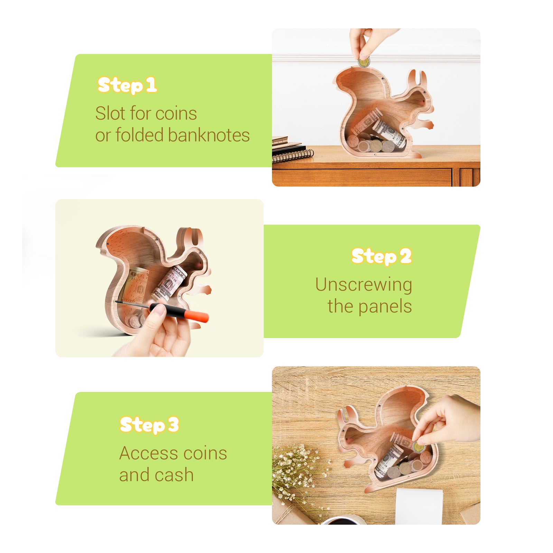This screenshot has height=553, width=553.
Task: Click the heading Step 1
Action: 127,85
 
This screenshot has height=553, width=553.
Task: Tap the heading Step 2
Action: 381,256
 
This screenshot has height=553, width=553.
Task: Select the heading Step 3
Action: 149,425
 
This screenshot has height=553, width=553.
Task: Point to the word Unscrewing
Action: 363,285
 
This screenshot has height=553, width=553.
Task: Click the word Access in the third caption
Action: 149,453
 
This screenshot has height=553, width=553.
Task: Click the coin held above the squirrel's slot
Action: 364,63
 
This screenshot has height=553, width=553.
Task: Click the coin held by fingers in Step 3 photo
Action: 418,447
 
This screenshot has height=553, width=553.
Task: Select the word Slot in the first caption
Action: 105,113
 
